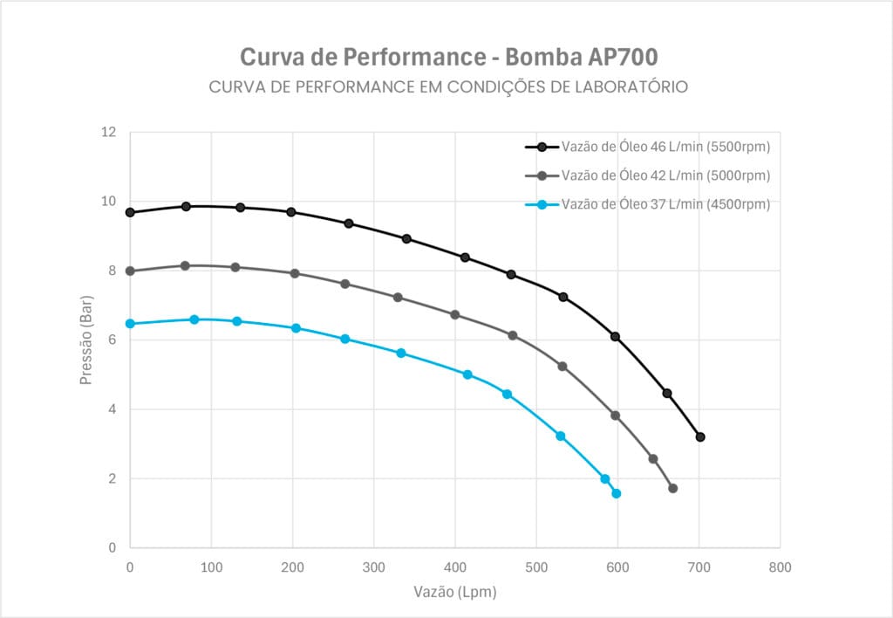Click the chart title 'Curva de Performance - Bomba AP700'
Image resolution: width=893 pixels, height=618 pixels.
tap(448, 57)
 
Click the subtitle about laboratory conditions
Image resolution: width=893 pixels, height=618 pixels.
tap(448, 87)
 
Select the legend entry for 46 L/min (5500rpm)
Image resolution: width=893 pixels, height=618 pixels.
tap(665, 148)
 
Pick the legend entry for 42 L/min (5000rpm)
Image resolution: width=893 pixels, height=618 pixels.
tap(665, 175)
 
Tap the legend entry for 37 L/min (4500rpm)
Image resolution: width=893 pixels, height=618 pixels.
tap(665, 204)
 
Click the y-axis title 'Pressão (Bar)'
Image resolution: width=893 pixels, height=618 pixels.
tap(86, 340)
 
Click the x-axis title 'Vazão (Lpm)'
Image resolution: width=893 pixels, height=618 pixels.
tap(454, 592)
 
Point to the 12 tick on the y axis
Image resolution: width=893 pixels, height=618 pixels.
tap(108, 133)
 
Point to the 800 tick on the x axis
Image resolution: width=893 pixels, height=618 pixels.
tap(780, 567)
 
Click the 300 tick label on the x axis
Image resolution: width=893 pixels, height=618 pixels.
tap(373, 567)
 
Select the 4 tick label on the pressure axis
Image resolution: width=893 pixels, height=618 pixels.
tap(112, 409)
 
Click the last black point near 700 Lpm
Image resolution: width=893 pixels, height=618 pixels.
tap(699, 436)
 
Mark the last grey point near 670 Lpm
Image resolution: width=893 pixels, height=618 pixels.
tap(672, 488)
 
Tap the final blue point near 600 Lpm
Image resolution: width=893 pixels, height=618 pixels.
tap(616, 493)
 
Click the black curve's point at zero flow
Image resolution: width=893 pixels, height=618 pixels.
tap(130, 212)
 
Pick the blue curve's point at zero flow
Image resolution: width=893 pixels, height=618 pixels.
tap(130, 323)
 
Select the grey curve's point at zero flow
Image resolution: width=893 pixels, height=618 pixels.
tap(130, 271)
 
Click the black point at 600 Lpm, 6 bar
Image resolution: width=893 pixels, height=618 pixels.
tap(615, 336)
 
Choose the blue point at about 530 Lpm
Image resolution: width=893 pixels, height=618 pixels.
tap(560, 436)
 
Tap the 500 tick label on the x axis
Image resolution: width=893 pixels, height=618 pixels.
tap(536, 567)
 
